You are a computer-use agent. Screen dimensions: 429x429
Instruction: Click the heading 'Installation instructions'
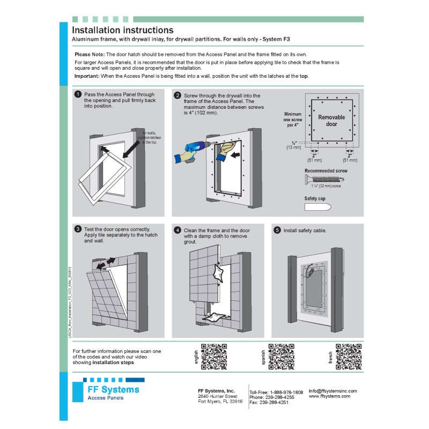123,31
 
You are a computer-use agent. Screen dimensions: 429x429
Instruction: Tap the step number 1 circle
78,94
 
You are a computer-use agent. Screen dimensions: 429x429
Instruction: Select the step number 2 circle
177,94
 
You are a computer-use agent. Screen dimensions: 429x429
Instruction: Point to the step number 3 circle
78,230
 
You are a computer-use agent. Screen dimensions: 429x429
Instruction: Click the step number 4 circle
177,230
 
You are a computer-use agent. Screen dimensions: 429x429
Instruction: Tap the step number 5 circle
277,230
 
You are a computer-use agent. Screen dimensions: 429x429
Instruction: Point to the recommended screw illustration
328,180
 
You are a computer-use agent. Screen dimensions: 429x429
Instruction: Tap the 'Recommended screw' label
326,171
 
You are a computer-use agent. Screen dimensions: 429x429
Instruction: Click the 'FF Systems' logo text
113,389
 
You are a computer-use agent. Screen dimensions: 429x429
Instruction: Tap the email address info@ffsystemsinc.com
332,391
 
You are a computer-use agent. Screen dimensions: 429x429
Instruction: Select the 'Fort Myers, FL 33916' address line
220,401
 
